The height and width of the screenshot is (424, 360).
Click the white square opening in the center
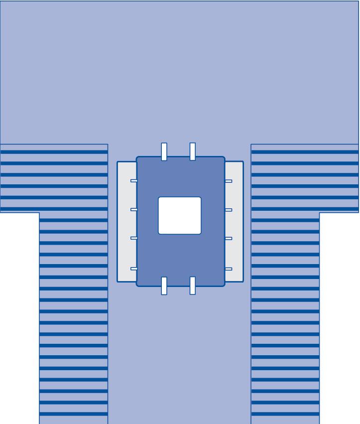tap(180, 215)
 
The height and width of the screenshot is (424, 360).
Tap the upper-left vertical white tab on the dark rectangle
tap(164, 151)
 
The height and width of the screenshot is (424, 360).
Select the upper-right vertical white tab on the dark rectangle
tap(193, 151)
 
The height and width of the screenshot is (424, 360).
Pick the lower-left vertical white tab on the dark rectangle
tap(164, 286)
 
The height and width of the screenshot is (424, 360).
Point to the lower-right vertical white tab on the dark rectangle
tap(193, 286)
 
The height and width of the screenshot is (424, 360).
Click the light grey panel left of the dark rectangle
tap(126, 222)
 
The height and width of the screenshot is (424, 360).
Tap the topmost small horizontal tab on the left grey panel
tap(133, 181)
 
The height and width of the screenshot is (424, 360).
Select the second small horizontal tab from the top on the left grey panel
tap(133, 209)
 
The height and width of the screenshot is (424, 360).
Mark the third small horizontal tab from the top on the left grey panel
tap(133, 238)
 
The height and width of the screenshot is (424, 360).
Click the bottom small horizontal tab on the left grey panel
tap(133, 269)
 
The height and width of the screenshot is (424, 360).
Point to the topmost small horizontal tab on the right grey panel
tap(229, 181)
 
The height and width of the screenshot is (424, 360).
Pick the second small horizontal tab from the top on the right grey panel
tap(229, 210)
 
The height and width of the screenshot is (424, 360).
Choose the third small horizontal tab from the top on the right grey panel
tap(229, 239)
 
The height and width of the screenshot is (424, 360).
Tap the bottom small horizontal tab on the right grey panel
tap(229, 269)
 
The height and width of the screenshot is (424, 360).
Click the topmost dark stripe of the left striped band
tap(54, 152)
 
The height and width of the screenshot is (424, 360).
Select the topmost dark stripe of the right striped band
tap(305, 152)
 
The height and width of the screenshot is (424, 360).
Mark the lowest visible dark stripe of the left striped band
tap(74, 414)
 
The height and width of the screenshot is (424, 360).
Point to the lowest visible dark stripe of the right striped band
tap(285, 414)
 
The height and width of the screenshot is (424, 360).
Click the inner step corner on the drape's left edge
tap(39, 213)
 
